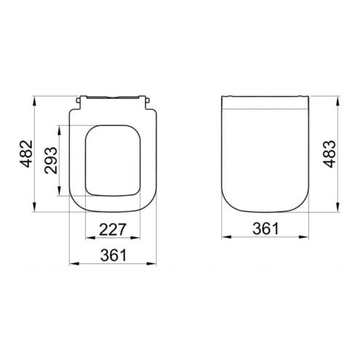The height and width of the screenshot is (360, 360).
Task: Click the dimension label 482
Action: click(x=26, y=153)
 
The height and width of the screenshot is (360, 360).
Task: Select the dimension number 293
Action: click(x=51, y=160)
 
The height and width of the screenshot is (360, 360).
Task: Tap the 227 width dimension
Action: click(x=113, y=229)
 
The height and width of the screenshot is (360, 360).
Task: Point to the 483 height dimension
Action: click(x=329, y=154)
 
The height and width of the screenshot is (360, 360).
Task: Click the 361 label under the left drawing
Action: click(x=113, y=255)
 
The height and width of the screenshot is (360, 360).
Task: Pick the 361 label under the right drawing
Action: click(x=265, y=228)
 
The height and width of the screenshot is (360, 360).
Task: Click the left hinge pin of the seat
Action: click(x=78, y=100)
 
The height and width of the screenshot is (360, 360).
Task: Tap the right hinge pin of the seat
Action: click(x=148, y=100)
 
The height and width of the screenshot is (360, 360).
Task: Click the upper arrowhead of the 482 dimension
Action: click(x=35, y=101)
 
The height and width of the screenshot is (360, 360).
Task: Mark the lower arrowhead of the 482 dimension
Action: click(x=35, y=207)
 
